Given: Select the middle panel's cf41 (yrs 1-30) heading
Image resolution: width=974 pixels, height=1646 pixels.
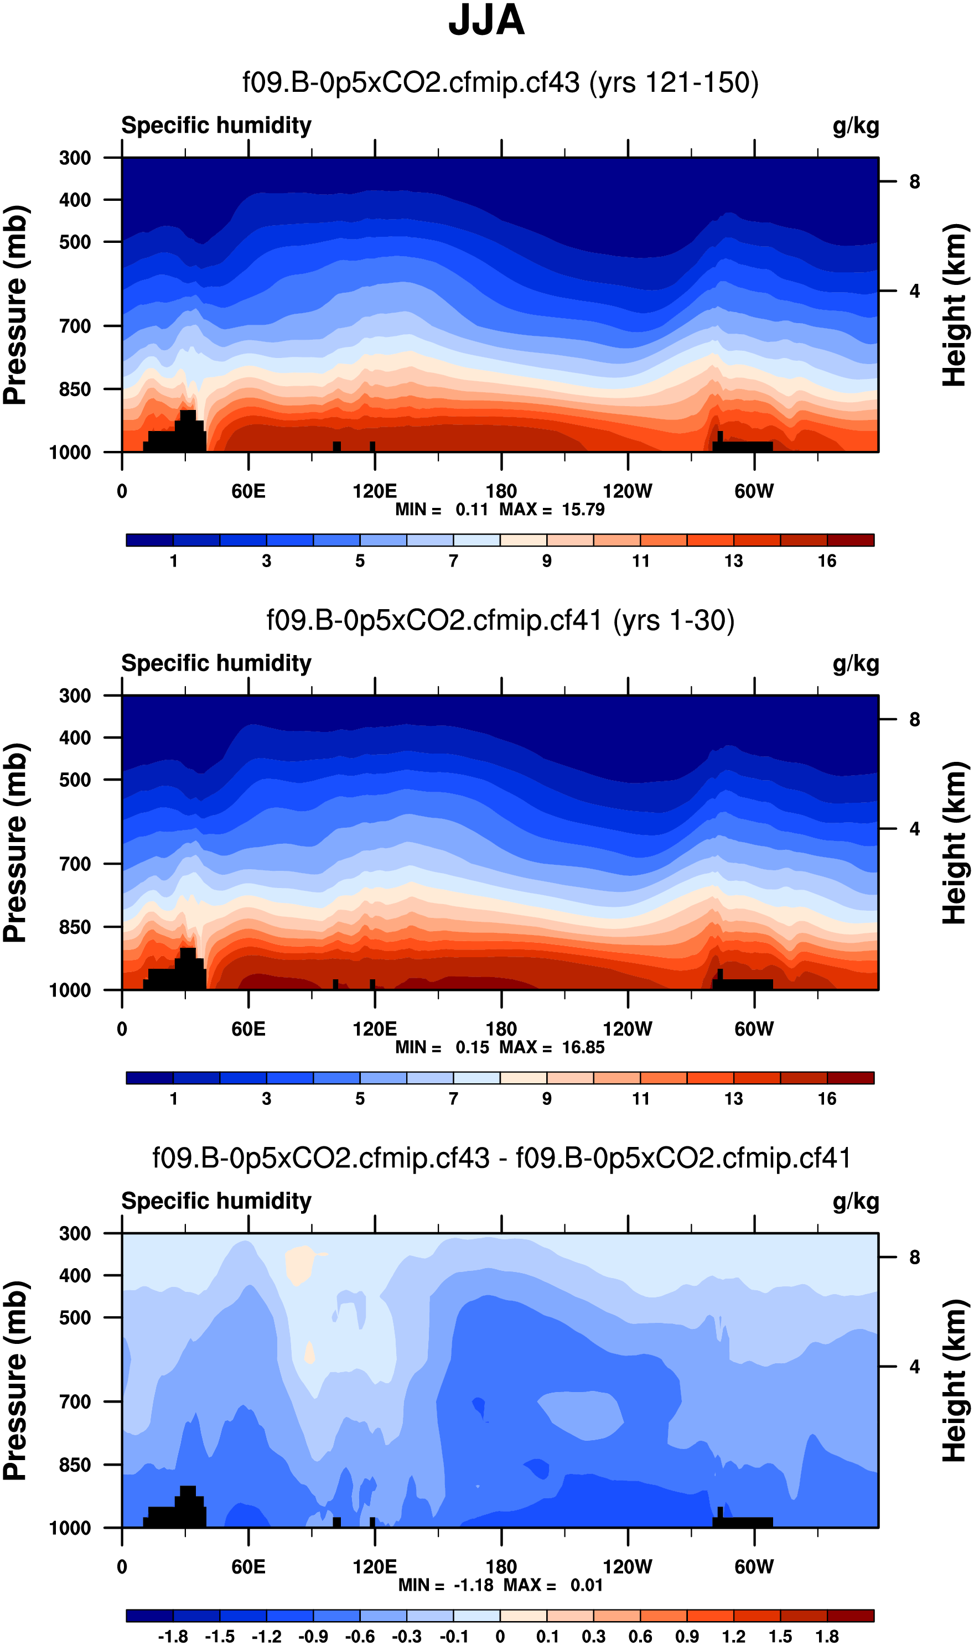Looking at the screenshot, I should pos(500,621).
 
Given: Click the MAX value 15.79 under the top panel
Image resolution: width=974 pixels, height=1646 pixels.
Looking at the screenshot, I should pos(583,510).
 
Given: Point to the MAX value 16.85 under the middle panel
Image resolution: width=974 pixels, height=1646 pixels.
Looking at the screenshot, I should pos(583,1048).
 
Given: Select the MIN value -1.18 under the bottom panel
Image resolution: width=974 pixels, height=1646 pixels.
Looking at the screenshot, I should pos(473,1586).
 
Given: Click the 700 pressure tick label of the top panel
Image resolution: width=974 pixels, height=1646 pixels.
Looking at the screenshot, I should pos(75,326).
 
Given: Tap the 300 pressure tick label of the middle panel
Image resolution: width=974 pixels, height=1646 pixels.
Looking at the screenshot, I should pos(75,696).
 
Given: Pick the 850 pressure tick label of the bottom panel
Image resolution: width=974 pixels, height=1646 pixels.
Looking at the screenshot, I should pos(75,1465).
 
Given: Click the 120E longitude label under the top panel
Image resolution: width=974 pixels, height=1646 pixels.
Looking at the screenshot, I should pos(375,491).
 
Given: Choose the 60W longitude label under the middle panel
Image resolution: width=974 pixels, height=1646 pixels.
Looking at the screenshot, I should pos(754,1029).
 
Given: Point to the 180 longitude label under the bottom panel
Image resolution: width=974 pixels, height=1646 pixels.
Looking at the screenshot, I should pos(501,1567).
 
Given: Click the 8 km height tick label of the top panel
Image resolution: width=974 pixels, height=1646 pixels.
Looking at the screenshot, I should pos(914,181).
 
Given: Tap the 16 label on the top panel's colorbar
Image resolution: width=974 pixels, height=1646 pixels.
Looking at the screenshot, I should pos(827,561).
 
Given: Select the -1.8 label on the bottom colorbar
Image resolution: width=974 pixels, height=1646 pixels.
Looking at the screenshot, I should pos(173,1637).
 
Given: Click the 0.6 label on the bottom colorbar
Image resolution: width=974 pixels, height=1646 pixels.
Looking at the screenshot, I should pos(641,1637).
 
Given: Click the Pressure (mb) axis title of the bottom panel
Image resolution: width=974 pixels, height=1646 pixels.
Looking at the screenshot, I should pos(15,1381).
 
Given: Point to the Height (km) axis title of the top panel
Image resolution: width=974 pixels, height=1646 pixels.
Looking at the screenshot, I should pos(956,305).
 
